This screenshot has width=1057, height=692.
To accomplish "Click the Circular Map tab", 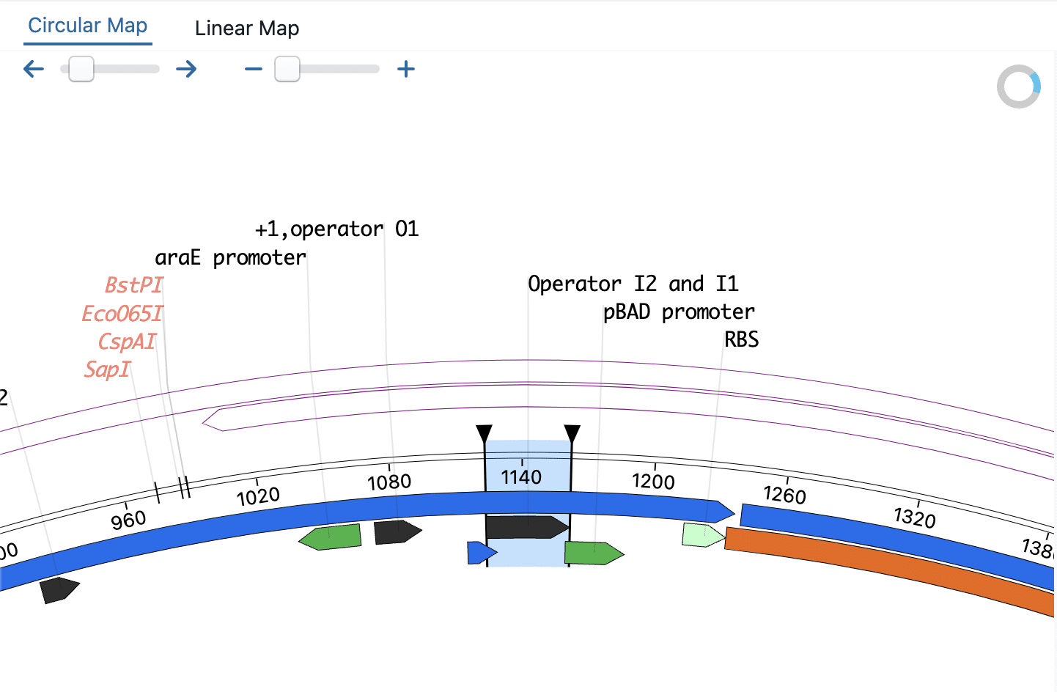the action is (88, 26).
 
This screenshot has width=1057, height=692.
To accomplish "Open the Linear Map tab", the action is (246, 29).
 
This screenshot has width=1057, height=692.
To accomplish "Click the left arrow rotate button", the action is (34, 70).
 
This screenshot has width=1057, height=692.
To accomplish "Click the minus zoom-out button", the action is (254, 70).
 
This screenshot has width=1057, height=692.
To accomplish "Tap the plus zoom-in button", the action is (405, 70).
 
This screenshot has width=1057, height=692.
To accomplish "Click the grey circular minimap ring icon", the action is (1019, 87).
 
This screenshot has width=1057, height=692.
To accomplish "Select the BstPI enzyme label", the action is (133, 284).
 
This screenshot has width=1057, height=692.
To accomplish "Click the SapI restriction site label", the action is (107, 369).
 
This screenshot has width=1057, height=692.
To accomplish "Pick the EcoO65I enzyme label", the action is (122, 314).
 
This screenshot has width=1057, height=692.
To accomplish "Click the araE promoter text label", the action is (230, 258).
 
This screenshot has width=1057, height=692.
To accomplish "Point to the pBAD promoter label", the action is (678, 312).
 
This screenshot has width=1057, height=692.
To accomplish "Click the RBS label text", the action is (741, 339).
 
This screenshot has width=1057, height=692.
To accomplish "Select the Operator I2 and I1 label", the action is (633, 284).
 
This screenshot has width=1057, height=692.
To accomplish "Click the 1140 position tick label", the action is (521, 477).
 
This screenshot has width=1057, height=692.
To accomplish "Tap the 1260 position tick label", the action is (784, 495).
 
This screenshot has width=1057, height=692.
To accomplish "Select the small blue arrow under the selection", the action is (480, 553).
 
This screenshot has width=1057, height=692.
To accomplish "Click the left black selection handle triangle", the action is (484, 432).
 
